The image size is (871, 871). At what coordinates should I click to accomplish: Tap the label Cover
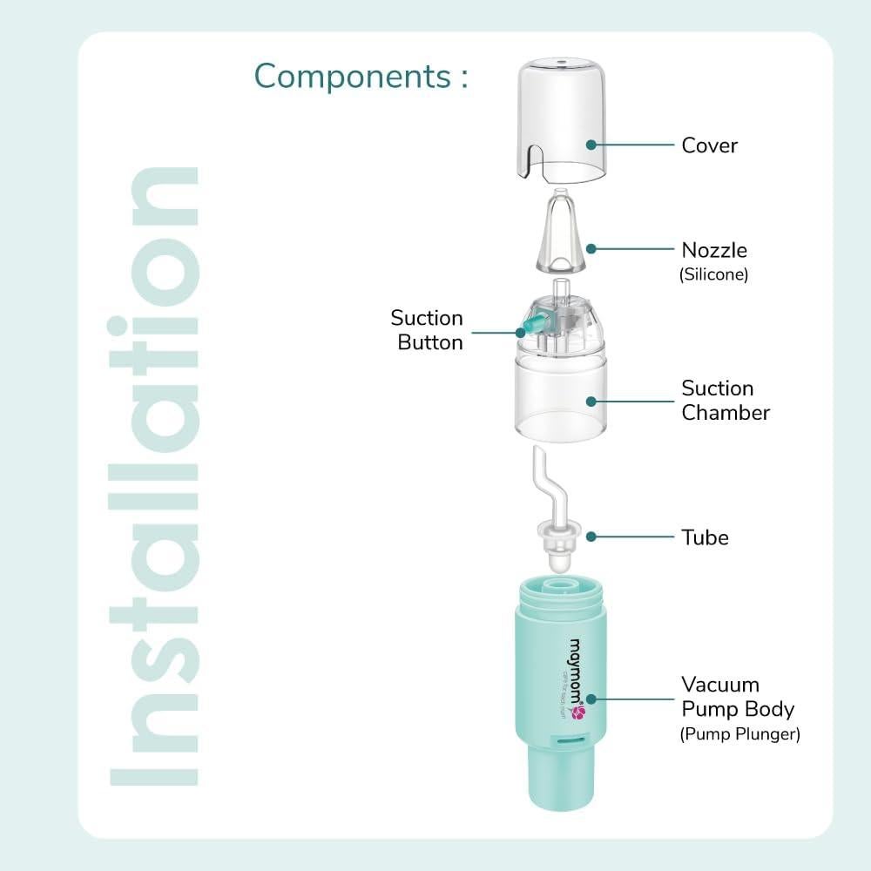(709, 145)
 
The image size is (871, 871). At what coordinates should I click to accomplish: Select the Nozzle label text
(714, 251)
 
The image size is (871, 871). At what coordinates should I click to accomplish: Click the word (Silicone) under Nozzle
(713, 274)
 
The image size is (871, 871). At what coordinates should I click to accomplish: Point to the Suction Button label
(427, 330)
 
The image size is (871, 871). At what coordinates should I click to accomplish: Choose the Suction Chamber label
(725, 401)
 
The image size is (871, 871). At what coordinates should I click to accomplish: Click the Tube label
(705, 537)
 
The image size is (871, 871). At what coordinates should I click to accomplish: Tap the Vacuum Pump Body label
(737, 697)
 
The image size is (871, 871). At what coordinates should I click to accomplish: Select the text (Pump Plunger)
(739, 734)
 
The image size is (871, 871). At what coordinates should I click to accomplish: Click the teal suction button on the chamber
(529, 329)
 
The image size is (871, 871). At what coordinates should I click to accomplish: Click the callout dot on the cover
(591, 145)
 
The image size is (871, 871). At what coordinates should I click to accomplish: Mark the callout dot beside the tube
(591, 537)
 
